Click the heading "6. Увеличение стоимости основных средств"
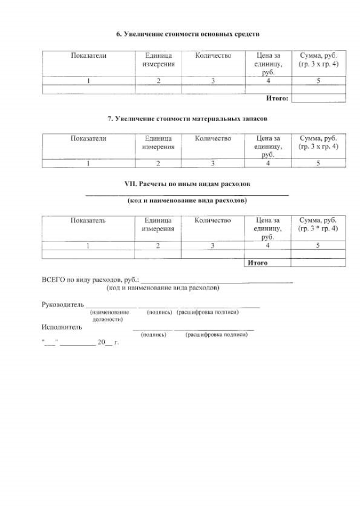(187, 34)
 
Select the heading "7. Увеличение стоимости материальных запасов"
(187, 119)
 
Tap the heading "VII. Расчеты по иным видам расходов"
(187, 184)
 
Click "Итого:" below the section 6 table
(277, 98)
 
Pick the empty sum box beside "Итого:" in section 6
(318, 98)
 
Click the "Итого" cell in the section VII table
(258, 263)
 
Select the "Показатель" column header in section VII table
(88, 220)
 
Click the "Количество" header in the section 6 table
(213, 56)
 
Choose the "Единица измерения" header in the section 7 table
(158, 142)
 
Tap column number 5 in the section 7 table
(318, 164)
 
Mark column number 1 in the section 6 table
(88, 81)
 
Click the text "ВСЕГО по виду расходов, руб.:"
(90, 280)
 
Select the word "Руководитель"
(62, 304)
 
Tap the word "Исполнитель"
(61, 327)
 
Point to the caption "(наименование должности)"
(107, 315)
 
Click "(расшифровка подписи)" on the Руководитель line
(208, 312)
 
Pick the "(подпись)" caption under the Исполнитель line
(153, 334)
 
